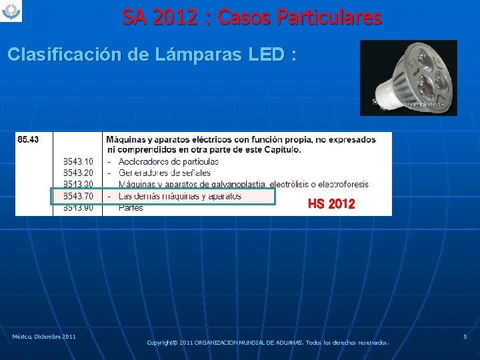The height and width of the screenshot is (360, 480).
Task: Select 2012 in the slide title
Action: click(175, 17)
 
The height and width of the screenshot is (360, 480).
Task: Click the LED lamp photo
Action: click(408, 77)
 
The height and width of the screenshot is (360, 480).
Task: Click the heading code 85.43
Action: click(28, 139)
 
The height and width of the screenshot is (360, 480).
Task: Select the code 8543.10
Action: click(78, 162)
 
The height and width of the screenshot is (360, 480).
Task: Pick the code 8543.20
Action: click(78, 173)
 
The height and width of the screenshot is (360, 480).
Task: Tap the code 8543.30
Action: click(78, 185)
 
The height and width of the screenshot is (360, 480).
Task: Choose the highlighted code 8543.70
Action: click(78, 196)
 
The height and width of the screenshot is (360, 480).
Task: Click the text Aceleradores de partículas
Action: click(169, 162)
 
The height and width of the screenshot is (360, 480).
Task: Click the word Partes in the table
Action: click(131, 208)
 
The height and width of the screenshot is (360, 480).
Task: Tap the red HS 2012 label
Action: click(331, 204)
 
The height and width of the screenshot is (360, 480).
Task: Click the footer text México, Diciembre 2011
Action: click(43, 337)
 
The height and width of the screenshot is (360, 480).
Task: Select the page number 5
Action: click(465, 337)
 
